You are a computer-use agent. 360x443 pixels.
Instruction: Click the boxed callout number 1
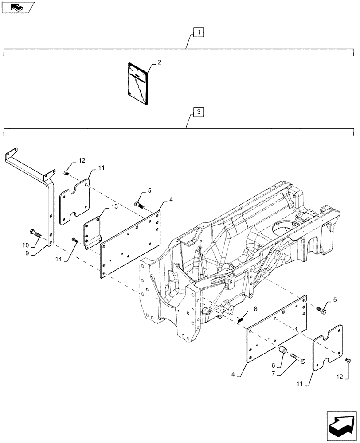[199, 32]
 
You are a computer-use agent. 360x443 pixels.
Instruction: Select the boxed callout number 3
[199, 112]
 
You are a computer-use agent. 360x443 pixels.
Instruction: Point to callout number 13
[102, 206]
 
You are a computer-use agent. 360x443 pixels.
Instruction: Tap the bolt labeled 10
[35, 233]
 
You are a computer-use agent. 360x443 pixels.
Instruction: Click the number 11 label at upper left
[101, 168]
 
